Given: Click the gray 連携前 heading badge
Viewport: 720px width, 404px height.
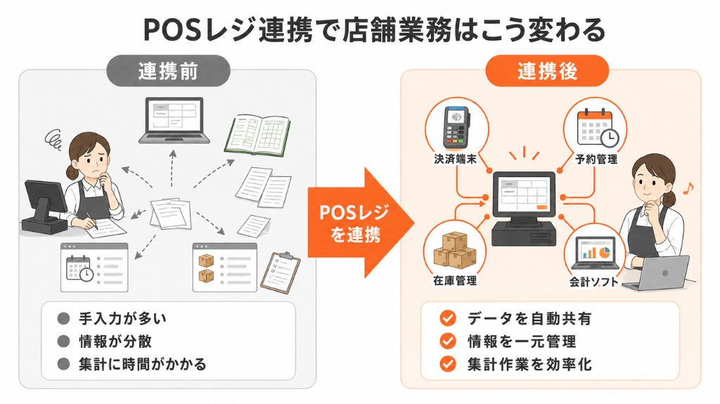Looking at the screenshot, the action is point(168,71).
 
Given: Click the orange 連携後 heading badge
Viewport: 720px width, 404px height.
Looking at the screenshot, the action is point(547,71).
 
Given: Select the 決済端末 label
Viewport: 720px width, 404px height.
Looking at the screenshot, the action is point(455,159).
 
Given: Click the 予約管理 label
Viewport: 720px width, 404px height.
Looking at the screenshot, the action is point(596,159).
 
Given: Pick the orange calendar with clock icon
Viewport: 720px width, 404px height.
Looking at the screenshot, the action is point(598,128).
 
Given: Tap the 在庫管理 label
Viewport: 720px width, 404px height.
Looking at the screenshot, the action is point(455,280).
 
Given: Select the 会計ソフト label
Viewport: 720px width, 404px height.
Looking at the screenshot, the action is point(593,282).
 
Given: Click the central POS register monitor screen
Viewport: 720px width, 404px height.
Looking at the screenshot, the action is point(524,195).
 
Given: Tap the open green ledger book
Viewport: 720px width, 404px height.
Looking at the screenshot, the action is point(257,134).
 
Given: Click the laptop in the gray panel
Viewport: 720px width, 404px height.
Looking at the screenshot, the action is point(174,120).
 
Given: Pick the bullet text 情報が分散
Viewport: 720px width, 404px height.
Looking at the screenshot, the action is point(115,341).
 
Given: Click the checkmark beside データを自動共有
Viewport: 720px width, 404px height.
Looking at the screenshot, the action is point(448,318).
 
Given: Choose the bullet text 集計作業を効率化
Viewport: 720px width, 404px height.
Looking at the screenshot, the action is point(529,364).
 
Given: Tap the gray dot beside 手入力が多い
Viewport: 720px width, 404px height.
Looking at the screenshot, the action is point(63,318).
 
